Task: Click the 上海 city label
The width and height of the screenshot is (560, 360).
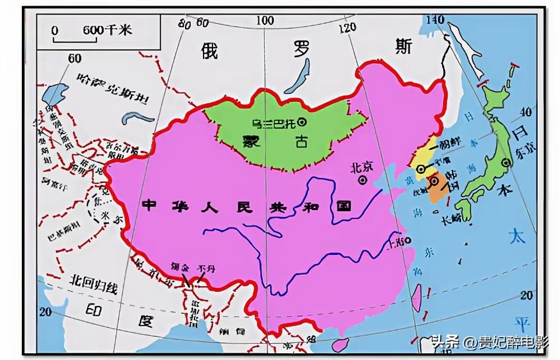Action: coord(398,241)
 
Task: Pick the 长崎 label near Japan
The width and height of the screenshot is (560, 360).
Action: coord(452,220)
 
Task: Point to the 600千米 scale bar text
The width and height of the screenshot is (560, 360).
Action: coord(107,30)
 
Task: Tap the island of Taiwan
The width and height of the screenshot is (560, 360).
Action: coord(416,296)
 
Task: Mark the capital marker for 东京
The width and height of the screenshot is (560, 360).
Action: coord(506,163)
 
